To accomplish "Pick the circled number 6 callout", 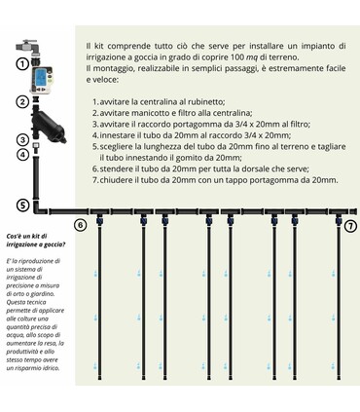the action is click(x=81, y=226).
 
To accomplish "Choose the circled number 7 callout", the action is click(x=350, y=226).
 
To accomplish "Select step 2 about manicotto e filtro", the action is click(x=170, y=113).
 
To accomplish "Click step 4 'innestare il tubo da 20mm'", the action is click(x=180, y=136).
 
